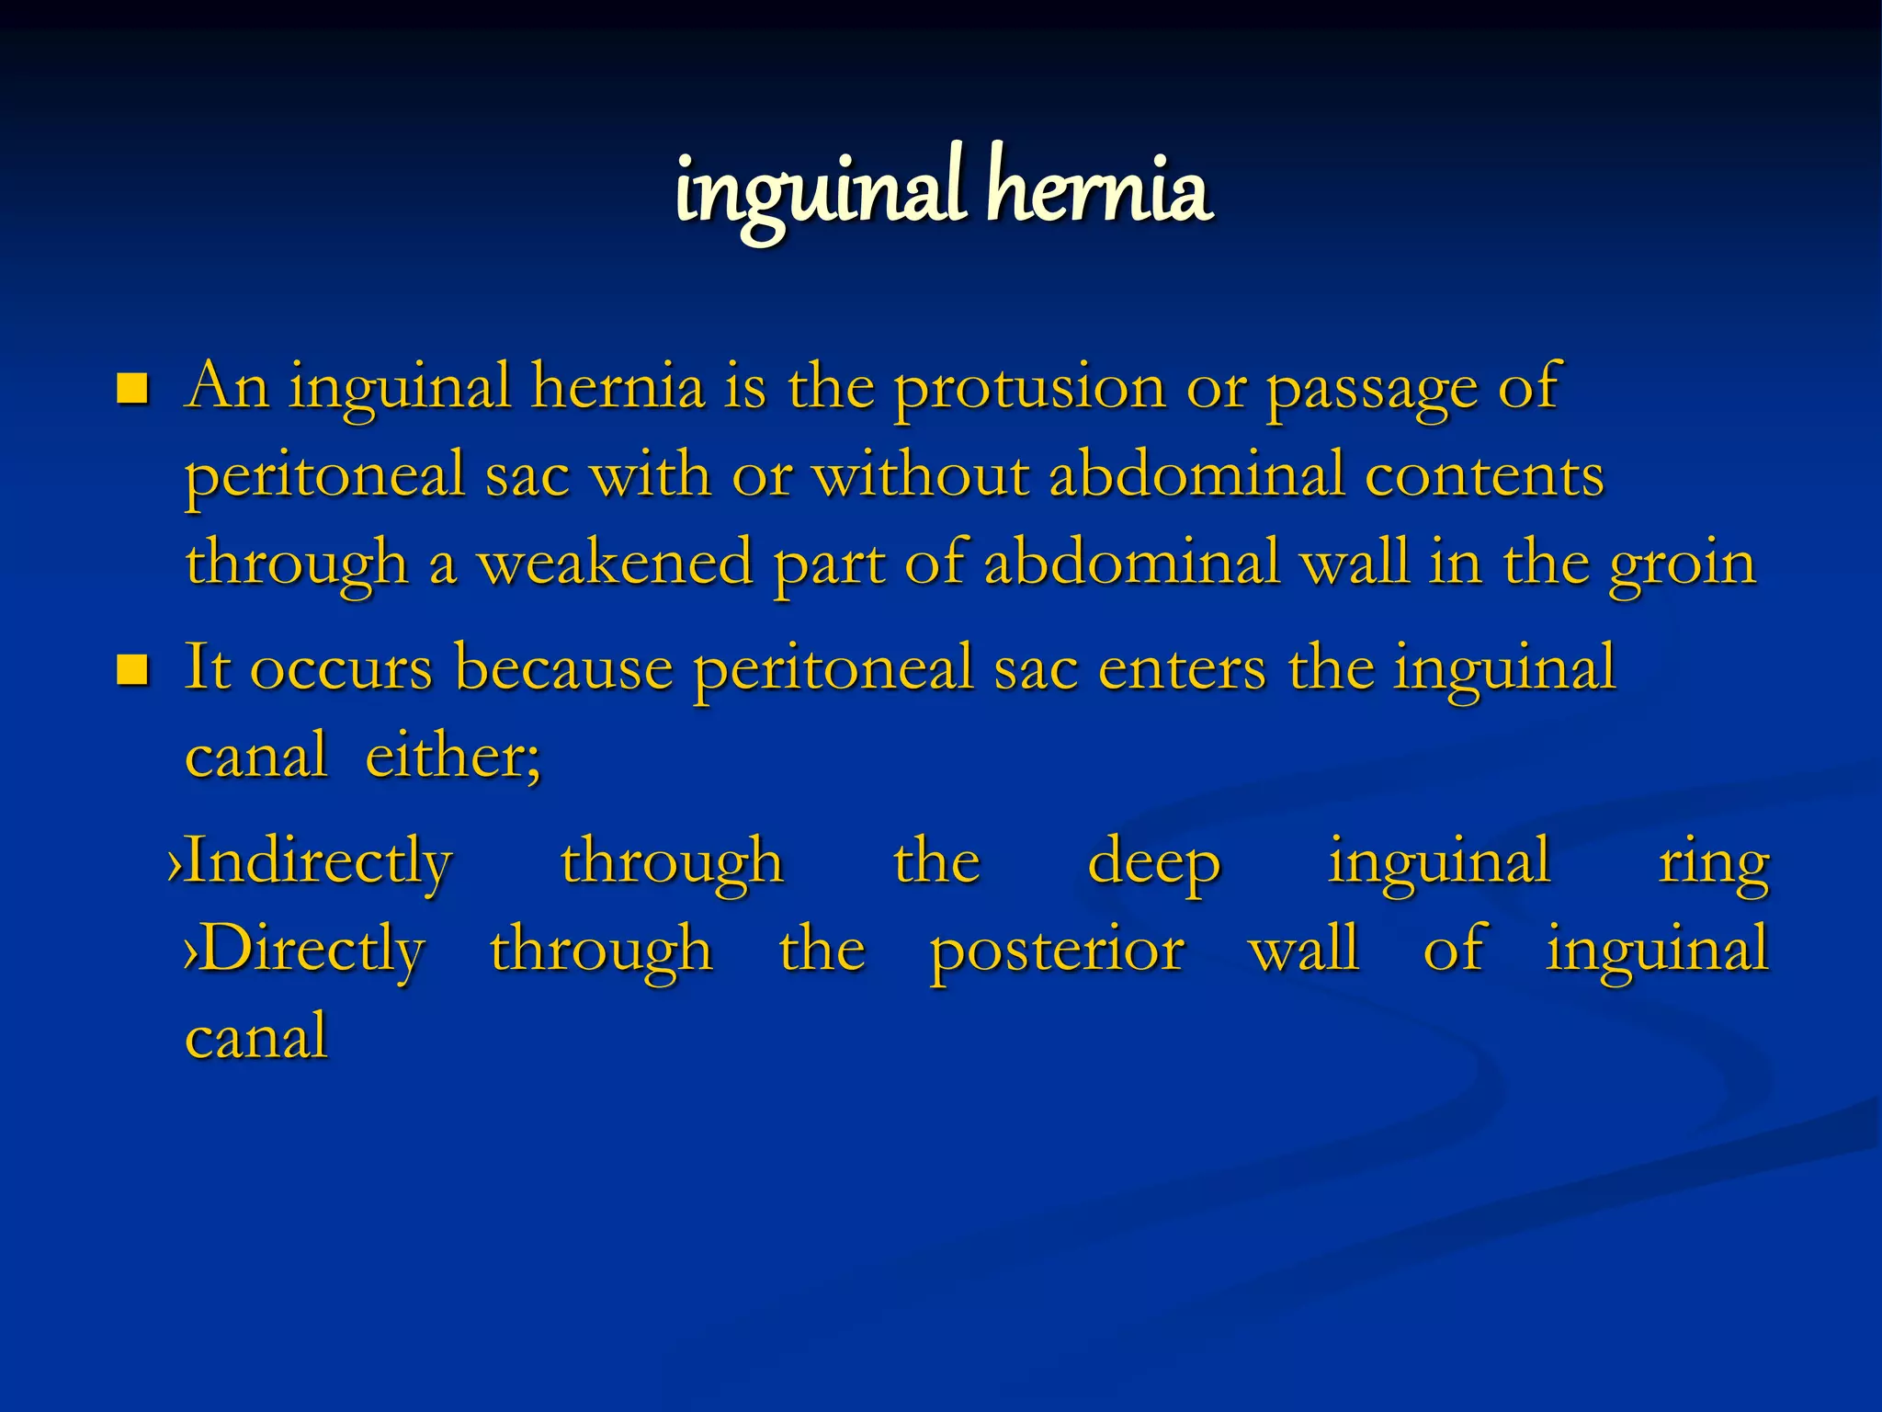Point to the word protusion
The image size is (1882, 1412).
point(1029,388)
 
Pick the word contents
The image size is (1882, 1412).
point(1484,475)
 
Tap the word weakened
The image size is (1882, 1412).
point(615,563)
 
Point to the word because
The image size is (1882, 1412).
point(563,667)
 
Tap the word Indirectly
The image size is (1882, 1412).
point(318,862)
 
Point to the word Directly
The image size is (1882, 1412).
point(312,949)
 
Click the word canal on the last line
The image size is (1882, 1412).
point(256,1036)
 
